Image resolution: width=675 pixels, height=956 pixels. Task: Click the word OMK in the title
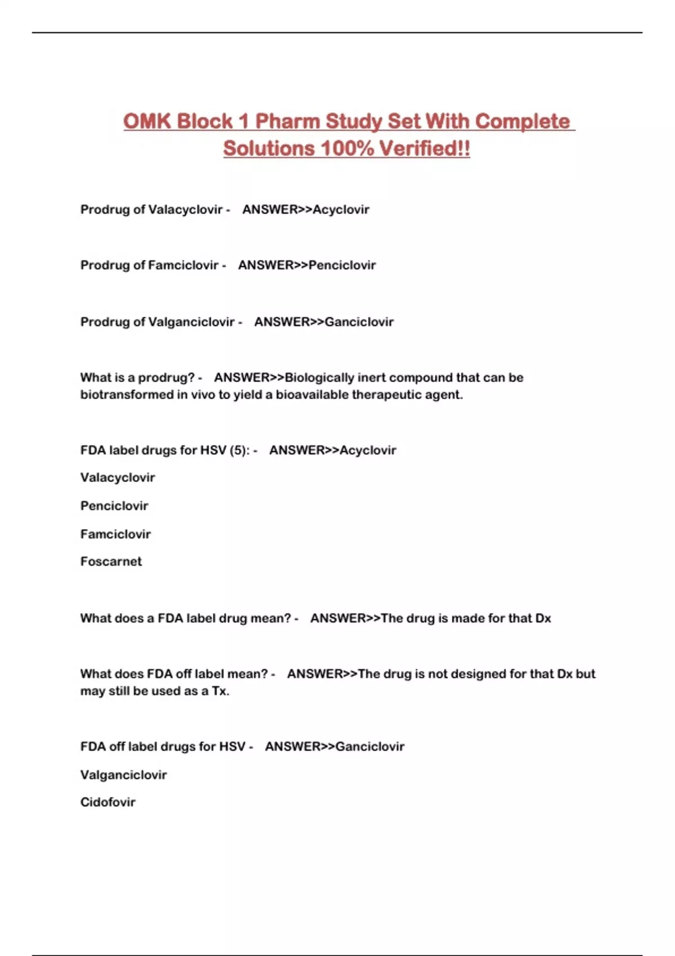pyautogui.click(x=146, y=121)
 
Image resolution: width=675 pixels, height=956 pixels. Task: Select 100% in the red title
pyautogui.click(x=347, y=149)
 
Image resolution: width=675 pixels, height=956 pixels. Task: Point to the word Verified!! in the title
pyautogui.click(x=425, y=149)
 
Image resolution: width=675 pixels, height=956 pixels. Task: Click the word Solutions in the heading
pyautogui.click(x=269, y=149)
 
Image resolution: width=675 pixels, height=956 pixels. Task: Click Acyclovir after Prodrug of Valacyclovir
pyautogui.click(x=341, y=210)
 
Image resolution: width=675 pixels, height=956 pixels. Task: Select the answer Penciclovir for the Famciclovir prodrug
pyautogui.click(x=342, y=265)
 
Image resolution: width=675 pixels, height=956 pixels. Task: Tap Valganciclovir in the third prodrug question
pyautogui.click(x=191, y=322)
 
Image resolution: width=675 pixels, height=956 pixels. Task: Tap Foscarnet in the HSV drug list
pyautogui.click(x=111, y=561)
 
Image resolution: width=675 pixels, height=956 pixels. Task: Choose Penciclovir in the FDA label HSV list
pyautogui.click(x=114, y=506)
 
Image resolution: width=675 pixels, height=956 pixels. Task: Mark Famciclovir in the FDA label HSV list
pyautogui.click(x=115, y=534)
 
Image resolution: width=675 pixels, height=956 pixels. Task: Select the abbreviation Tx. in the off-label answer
pyautogui.click(x=220, y=691)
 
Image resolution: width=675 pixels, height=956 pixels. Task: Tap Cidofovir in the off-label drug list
pyautogui.click(x=108, y=802)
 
